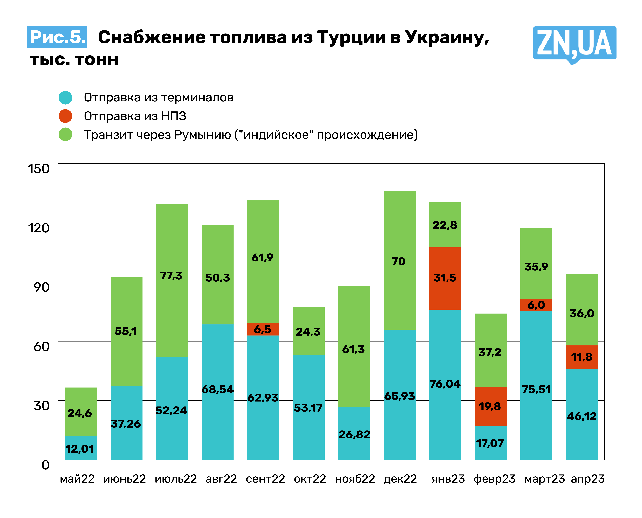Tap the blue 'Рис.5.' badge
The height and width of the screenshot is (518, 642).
tap(57, 37)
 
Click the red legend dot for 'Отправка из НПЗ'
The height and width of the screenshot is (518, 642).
tap(65, 116)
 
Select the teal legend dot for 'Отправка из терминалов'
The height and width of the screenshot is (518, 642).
tap(65, 98)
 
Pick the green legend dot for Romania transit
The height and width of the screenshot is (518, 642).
tap(65, 135)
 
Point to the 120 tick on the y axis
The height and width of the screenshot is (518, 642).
tap(39, 228)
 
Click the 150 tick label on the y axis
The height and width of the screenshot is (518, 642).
tap(39, 169)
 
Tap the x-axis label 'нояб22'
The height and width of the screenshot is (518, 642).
tap(355, 479)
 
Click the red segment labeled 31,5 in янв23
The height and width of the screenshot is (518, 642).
tap(445, 278)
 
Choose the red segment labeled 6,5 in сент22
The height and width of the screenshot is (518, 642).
tap(263, 329)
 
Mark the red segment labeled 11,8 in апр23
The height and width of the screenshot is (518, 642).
tap(581, 357)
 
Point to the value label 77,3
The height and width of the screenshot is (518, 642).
tap(171, 276)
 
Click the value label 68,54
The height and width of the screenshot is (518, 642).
tap(217, 389)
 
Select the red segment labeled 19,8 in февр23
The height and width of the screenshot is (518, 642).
tap(490, 406)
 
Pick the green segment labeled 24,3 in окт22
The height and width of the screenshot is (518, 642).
tap(308, 331)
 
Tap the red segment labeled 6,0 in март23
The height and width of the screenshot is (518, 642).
tap(536, 305)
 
